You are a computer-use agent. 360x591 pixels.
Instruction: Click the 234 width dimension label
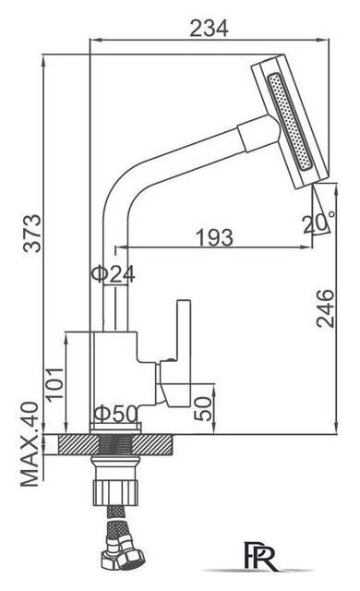(209, 29)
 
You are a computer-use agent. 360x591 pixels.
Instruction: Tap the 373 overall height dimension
(32, 234)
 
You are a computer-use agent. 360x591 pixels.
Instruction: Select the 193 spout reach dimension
(215, 237)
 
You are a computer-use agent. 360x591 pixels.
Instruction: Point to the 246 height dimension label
(325, 308)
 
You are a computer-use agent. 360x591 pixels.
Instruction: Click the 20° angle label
(319, 223)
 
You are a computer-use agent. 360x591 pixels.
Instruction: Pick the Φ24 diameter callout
(113, 274)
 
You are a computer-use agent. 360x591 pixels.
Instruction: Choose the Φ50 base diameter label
(115, 414)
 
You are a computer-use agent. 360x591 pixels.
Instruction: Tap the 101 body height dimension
(54, 384)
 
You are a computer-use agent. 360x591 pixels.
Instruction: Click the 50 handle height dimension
(203, 408)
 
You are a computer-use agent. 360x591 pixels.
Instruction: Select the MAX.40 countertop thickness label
(30, 444)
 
